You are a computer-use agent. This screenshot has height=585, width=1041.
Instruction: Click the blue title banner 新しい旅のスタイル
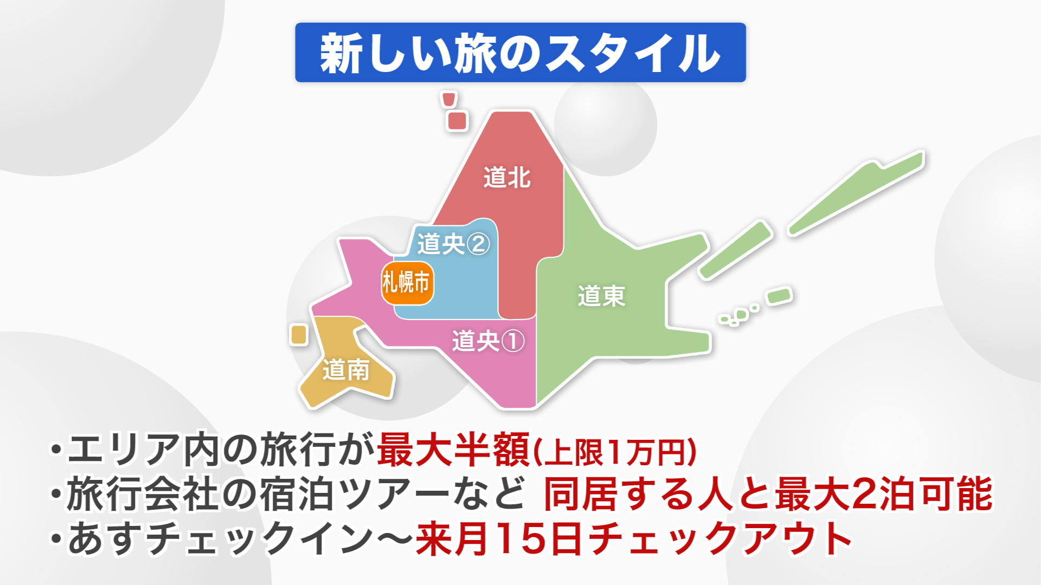pos(520,53)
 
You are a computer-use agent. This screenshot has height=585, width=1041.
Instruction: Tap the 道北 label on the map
pos(507,178)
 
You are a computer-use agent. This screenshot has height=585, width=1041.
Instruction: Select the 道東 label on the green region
pos(601,296)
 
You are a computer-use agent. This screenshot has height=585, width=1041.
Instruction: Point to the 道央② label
pos(453,244)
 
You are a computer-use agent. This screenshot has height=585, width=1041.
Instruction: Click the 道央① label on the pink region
pos(488,341)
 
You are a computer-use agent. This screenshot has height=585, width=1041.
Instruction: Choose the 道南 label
pos(346,370)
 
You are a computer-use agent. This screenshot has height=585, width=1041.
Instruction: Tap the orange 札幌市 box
pos(407,283)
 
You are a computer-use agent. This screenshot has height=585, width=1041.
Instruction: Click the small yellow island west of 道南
pos(299,334)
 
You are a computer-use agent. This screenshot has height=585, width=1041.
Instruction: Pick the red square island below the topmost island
pos(457,121)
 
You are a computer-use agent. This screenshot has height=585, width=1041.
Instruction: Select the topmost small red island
pos(449,99)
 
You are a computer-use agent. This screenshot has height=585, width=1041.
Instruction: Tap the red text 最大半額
pos(453,450)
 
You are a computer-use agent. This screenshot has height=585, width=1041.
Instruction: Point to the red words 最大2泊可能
pos(884,494)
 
